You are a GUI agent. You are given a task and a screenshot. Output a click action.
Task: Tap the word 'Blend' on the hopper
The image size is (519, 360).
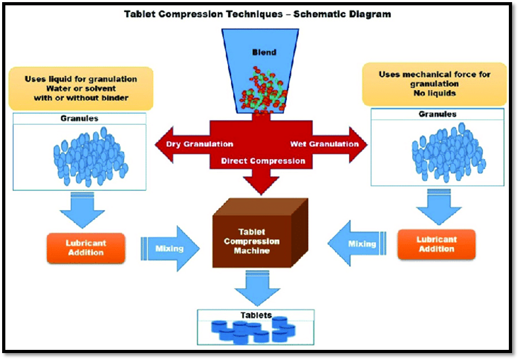click(x=265, y=53)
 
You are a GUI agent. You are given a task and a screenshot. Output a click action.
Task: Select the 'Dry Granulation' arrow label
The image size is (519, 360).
click(x=199, y=144)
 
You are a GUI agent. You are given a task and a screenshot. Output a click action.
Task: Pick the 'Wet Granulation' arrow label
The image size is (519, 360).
click(x=324, y=144)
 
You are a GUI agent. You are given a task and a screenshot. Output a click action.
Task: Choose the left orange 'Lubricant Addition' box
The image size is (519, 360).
click(x=86, y=248)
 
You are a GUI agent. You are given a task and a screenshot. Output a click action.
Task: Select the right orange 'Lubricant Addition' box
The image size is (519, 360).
click(x=436, y=244)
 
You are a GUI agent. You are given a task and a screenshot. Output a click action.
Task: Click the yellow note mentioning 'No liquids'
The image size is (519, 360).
click(x=434, y=84)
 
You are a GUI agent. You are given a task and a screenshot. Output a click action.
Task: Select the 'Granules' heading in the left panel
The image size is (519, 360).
click(x=79, y=118)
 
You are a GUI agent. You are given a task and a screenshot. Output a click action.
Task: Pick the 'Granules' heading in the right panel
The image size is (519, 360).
click(x=437, y=115)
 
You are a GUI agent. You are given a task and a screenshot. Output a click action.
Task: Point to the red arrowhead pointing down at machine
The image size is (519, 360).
click(x=261, y=184)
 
